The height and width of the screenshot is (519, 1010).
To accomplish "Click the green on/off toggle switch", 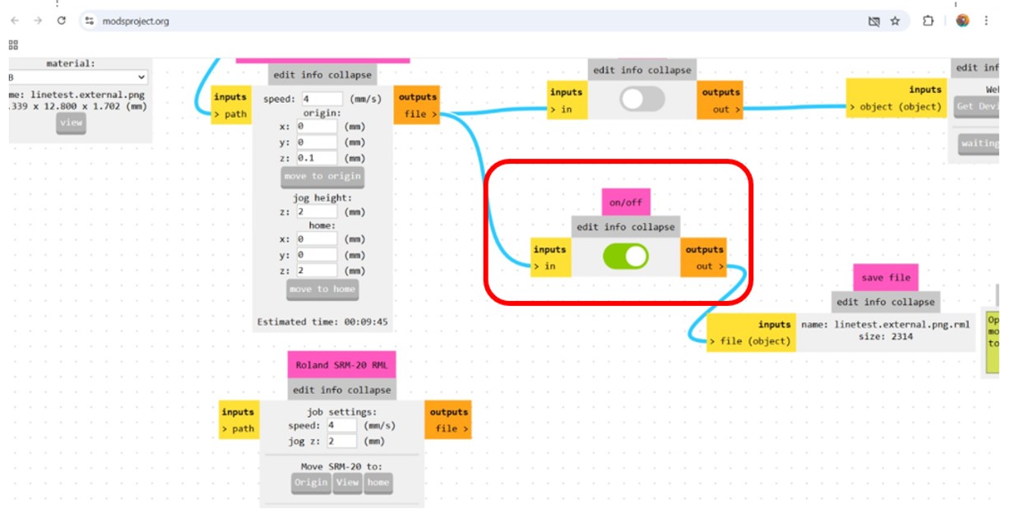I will click(x=626, y=257).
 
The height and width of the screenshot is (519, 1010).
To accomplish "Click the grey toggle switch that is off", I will click(x=642, y=100).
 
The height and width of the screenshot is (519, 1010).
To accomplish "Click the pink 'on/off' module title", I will click(x=626, y=202).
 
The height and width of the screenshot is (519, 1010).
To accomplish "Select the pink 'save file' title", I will click(x=884, y=278).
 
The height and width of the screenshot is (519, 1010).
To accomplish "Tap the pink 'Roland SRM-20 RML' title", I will click(x=341, y=365).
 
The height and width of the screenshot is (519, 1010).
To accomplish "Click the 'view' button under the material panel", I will click(x=71, y=123).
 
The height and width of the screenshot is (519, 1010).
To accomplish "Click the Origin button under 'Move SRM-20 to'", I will click(x=311, y=483).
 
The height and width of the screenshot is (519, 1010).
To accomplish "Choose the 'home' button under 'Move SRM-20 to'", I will click(x=378, y=483).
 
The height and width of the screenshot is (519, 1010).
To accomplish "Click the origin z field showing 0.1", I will click(x=317, y=158).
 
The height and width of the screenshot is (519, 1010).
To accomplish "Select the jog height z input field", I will click(x=317, y=211).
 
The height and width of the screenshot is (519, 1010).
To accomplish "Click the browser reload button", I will click(x=61, y=21).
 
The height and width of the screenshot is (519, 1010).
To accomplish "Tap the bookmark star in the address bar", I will click(x=895, y=21).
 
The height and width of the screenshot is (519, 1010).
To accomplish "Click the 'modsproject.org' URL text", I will click(x=136, y=21).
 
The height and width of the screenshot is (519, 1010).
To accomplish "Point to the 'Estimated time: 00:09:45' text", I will click(x=322, y=322).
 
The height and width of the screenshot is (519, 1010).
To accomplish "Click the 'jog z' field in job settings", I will click(x=341, y=442).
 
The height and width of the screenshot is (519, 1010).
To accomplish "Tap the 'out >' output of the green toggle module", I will click(x=709, y=266).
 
